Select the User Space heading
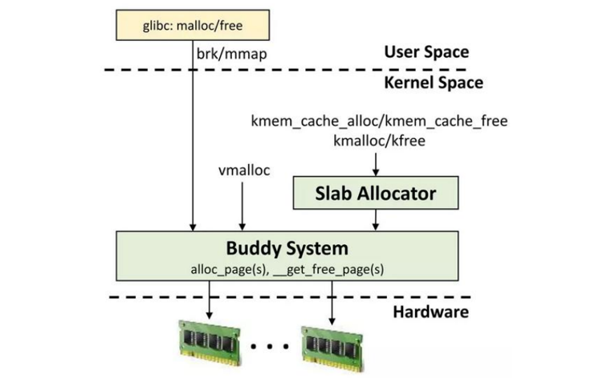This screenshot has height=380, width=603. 426,53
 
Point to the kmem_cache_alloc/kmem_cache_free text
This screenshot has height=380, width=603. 380,121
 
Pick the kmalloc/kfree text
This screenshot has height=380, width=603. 377,141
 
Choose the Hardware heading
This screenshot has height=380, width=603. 430,312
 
